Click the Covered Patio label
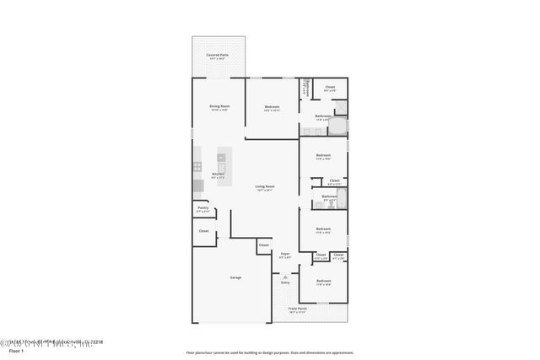click(219, 56)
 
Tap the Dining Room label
click(219, 107)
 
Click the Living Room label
click(265, 188)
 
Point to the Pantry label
click(202, 208)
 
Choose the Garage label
click(236, 277)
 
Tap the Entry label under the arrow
click(285, 283)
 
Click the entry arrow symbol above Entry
click(285, 276)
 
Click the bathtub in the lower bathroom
click(328, 202)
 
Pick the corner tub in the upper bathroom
click(337, 127)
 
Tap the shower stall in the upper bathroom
click(340, 106)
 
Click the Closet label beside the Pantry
click(203, 230)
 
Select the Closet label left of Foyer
click(264, 246)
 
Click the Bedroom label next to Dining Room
click(272, 107)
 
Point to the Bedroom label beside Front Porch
click(323, 282)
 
